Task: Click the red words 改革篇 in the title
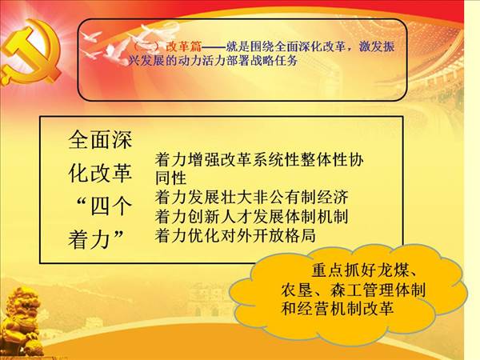(x=184, y=46)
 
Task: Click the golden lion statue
(x=19, y=322)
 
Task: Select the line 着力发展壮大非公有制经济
(x=251, y=198)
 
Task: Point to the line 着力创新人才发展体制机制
(x=251, y=217)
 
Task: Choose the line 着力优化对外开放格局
(x=235, y=235)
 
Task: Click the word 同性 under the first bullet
(x=171, y=178)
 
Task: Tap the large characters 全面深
(x=100, y=140)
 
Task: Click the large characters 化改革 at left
(x=100, y=173)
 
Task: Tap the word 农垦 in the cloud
(x=297, y=290)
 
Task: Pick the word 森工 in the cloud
(x=346, y=290)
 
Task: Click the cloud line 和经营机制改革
(x=338, y=308)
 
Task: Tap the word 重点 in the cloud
(x=327, y=270)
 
